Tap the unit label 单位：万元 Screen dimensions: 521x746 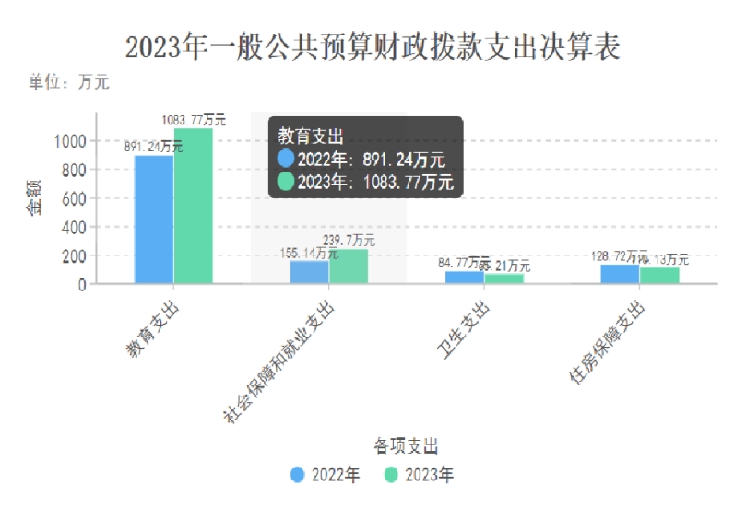(x=69, y=83)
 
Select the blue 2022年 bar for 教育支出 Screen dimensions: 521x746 (x=154, y=219)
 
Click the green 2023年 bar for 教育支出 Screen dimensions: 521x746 (x=193, y=206)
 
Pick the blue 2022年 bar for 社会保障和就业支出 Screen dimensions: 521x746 (x=309, y=272)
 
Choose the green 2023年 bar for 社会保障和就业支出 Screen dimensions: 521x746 (x=348, y=266)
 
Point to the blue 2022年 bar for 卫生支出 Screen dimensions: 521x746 (x=464, y=278)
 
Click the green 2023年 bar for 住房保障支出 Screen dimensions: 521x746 (x=658, y=275)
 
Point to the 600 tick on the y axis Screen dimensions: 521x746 (x=75, y=198)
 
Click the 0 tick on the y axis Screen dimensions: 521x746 (x=82, y=284)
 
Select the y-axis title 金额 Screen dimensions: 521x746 (x=34, y=198)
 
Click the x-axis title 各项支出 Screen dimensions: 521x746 (x=406, y=445)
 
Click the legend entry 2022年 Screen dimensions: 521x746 (x=325, y=475)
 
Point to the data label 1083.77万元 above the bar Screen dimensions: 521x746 (x=193, y=120)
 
